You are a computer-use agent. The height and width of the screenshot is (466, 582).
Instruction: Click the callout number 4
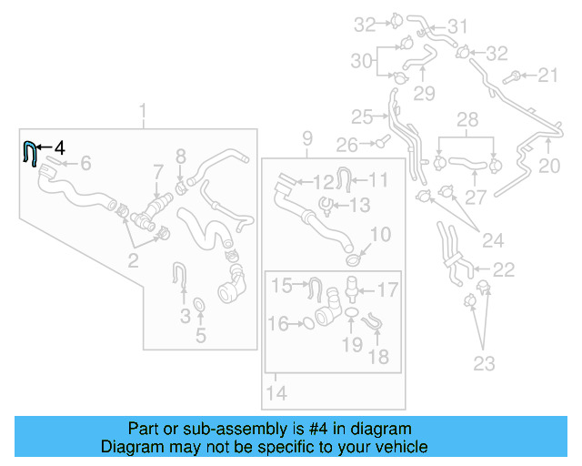pos(59,147)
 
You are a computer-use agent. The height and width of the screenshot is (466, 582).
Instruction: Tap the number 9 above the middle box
pos(307,138)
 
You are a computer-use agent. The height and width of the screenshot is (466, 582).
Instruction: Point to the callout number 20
pos(549,166)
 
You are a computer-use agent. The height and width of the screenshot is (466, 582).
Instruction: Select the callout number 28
pos(467,120)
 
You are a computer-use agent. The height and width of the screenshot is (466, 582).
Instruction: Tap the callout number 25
pos(362,116)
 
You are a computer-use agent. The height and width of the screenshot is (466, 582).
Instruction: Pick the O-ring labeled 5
pos(198,303)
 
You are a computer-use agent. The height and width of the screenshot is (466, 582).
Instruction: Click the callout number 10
pos(380,235)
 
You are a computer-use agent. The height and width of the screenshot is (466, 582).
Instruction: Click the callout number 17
pos(387,291)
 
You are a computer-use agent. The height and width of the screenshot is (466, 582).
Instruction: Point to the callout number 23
pos(484,364)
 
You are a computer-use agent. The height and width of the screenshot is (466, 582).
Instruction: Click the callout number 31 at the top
pos(457,25)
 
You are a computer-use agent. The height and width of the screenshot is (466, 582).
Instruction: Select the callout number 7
pos(157,171)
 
